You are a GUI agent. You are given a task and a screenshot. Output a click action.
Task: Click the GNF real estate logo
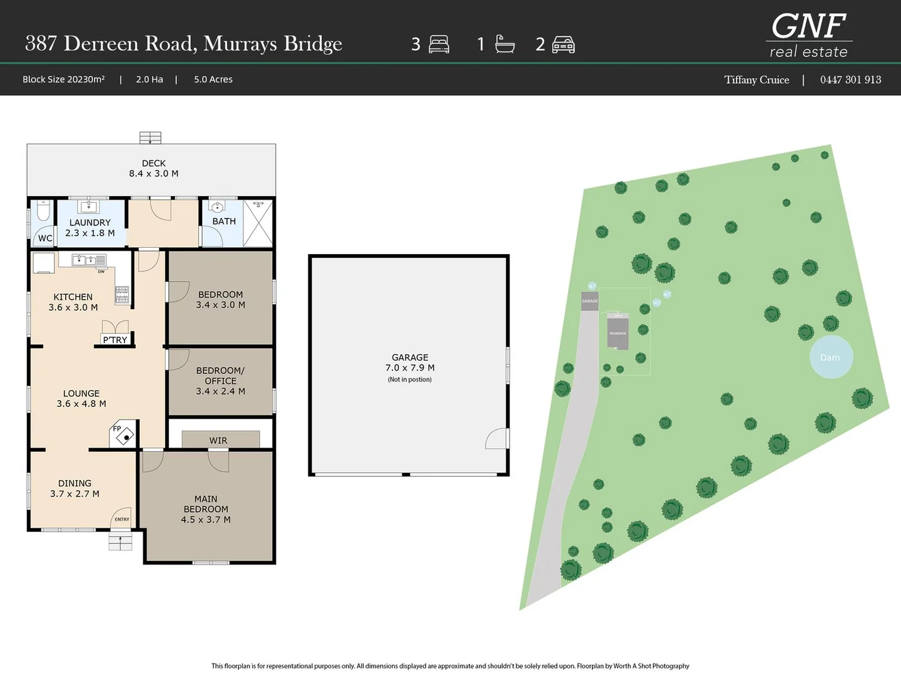click(x=808, y=36)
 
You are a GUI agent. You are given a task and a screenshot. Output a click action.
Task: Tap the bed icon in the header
click(x=439, y=44)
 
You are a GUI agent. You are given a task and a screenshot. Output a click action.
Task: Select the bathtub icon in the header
click(x=504, y=44)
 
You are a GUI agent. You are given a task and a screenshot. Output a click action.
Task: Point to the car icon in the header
click(x=563, y=44)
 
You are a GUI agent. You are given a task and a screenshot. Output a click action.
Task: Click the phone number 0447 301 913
click(x=850, y=79)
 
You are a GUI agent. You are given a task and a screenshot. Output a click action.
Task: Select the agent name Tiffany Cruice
click(x=756, y=79)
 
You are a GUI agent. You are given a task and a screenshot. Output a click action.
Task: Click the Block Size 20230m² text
click(x=64, y=79)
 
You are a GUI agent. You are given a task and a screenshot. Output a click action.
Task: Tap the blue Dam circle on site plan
click(x=831, y=357)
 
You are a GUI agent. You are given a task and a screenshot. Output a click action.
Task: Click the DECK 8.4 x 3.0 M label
click(x=153, y=168)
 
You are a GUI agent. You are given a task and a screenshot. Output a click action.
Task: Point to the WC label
click(x=45, y=238)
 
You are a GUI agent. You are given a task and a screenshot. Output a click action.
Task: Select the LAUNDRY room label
click(x=90, y=227)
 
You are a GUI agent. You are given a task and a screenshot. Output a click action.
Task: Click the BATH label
click(x=224, y=221)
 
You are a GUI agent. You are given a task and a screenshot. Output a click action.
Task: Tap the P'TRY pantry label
click(x=115, y=340)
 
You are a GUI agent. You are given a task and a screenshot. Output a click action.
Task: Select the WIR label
click(x=218, y=441)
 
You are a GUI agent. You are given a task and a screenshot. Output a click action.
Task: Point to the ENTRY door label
click(x=122, y=520)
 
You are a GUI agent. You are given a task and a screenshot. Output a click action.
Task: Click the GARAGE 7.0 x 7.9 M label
click(x=410, y=362)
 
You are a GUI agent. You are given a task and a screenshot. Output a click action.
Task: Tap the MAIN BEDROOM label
click(x=206, y=509)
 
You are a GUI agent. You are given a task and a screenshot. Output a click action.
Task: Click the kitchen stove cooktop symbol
click(x=122, y=294)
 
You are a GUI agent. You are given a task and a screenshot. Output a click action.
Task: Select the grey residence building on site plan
click(x=618, y=332)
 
